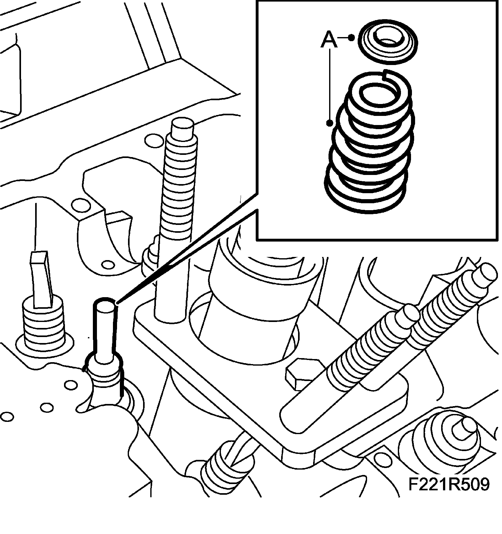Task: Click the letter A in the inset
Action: click(329, 41)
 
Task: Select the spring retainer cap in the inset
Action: click(388, 42)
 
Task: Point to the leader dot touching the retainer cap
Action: click(352, 38)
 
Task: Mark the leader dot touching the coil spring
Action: click(329, 123)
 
